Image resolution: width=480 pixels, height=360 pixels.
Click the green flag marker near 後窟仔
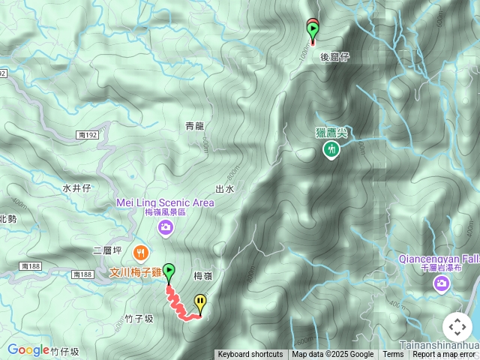313,30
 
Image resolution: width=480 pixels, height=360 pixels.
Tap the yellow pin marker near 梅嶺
200,302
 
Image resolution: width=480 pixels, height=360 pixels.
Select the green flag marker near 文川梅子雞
169,271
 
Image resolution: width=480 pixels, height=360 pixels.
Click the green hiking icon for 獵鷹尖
331,150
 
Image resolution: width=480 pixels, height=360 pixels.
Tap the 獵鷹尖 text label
331,133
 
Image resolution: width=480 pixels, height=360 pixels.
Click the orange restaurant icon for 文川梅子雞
139,251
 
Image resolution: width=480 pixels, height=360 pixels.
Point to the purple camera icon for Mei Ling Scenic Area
164,227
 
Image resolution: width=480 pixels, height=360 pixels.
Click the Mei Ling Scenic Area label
165,202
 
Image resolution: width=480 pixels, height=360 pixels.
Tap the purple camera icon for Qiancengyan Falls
441,283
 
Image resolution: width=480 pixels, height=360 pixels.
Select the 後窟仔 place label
335,57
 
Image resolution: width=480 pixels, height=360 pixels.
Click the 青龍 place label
194,126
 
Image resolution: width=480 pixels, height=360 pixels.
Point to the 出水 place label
225,189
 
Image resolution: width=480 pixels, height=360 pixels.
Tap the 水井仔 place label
76,188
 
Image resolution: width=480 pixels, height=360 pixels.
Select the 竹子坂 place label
139,319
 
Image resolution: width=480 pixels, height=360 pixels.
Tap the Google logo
28,349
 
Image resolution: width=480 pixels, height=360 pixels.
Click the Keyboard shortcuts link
250,355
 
